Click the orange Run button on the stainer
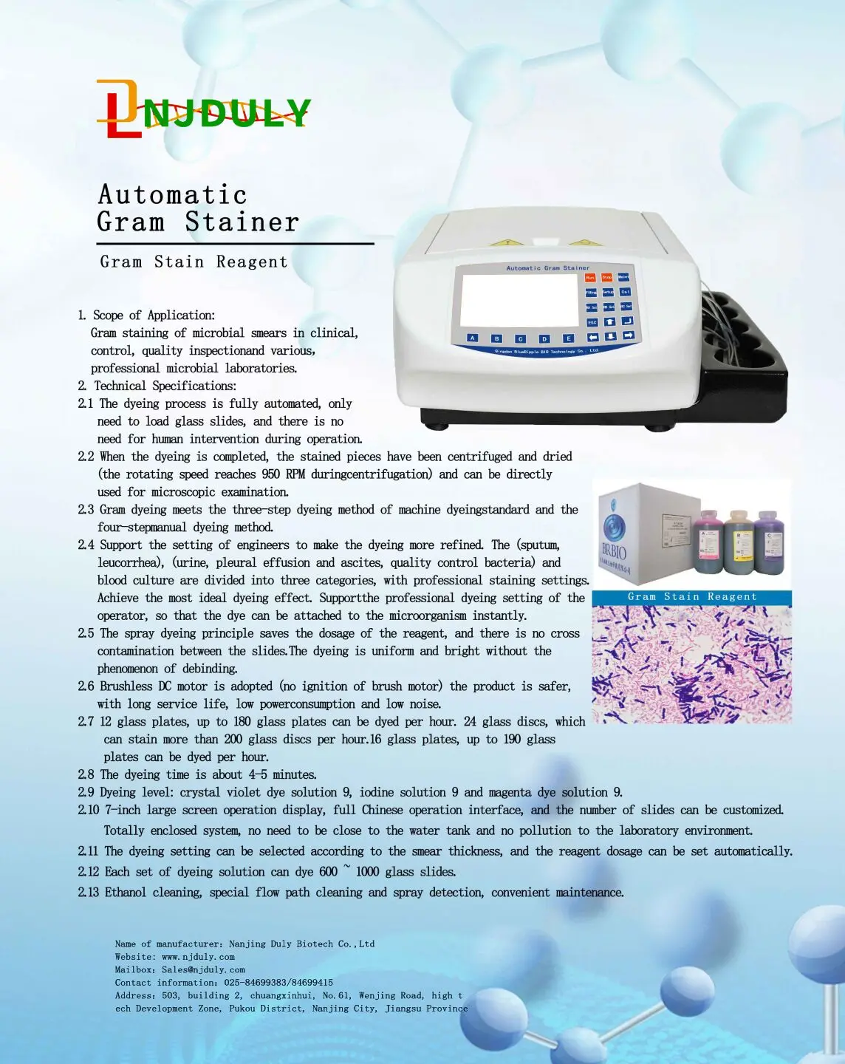pos(590,278)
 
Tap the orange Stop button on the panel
pos(606,278)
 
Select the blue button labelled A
pos(473,338)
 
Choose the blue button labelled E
pos(569,338)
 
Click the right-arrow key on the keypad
pos(628,335)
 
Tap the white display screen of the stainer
pos(519,302)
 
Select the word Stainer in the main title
pos(242,222)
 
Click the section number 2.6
pos(86,686)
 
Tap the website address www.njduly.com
pos(198,957)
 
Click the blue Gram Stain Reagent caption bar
pos(691,597)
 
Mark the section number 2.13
pos(89,893)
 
